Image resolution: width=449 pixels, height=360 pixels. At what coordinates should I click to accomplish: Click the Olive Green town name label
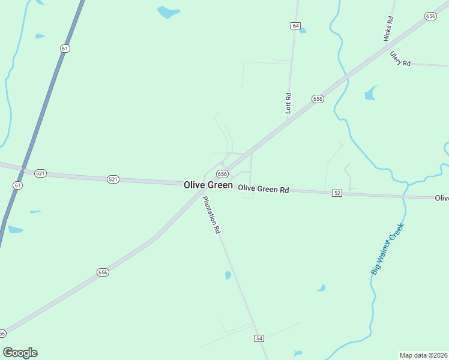pos(208,185)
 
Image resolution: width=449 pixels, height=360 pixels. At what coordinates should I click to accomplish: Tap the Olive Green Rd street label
pos(264,189)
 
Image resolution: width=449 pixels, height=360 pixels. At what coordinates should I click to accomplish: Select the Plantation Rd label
pos(211,215)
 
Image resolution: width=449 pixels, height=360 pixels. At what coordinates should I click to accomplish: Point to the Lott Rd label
pos(288,103)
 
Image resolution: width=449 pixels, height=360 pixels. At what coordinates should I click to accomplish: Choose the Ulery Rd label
pos(400,59)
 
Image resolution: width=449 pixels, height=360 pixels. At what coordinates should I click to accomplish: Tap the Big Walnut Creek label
pos(388,249)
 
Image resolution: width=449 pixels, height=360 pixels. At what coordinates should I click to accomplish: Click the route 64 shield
pos(295,26)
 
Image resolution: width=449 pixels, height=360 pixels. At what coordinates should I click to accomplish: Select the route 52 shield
pos(337,193)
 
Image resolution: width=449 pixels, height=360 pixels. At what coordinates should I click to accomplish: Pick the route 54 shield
pos(259,339)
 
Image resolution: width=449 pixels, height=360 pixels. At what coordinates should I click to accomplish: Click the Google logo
pos(20,353)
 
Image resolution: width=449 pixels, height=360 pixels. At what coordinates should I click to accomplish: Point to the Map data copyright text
pos(423,355)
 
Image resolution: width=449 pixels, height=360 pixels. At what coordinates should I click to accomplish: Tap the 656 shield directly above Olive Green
pos(222,173)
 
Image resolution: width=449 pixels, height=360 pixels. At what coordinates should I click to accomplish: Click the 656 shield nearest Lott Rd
pos(318,98)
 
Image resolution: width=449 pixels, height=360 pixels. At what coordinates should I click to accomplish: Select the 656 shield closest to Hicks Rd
pos(430,16)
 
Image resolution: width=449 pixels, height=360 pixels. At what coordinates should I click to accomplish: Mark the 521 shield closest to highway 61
pos(40,173)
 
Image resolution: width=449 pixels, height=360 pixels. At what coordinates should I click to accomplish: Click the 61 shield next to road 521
pos(17,185)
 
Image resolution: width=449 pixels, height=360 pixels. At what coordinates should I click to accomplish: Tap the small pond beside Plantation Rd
pos(228,275)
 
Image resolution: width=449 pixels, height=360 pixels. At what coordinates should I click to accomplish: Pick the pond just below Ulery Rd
pos(370,94)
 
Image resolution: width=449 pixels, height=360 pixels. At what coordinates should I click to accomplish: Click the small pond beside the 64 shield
pos(303,31)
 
